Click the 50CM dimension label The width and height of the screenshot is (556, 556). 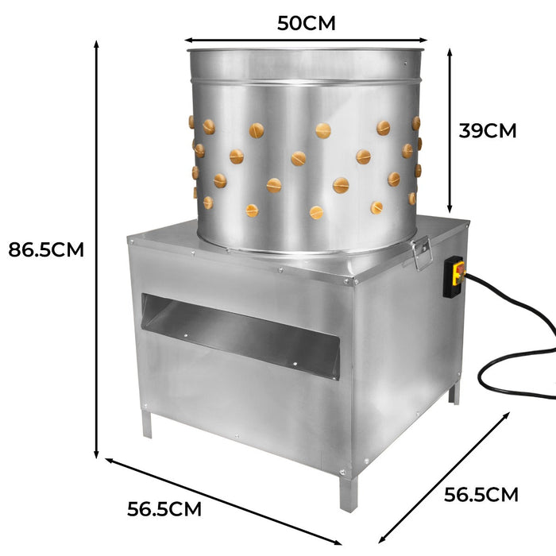pyautogui.click(x=306, y=23)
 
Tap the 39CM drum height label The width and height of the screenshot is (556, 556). pyautogui.click(x=487, y=130)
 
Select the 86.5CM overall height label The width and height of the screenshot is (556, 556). pyautogui.click(x=46, y=249)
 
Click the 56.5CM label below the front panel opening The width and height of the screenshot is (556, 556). pyautogui.click(x=164, y=508)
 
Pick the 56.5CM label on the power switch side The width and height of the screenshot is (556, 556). pyautogui.click(x=481, y=495)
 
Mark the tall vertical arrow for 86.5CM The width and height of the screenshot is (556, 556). pyautogui.click(x=97, y=249)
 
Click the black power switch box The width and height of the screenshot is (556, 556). pyautogui.click(x=454, y=277)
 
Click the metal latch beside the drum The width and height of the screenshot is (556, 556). pyautogui.click(x=421, y=252)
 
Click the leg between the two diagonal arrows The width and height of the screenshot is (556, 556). pyautogui.click(x=346, y=492)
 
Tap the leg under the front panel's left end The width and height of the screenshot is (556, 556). pyautogui.click(x=146, y=423)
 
